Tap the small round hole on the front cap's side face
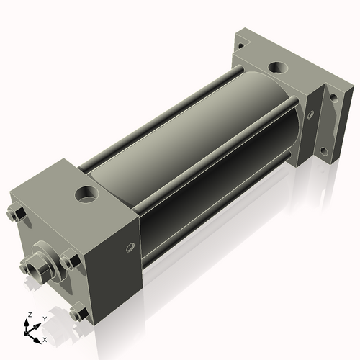pos(130,248)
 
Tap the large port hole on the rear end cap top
pos(277,69)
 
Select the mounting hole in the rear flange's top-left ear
pos(240,45)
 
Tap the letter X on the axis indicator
pos(45,338)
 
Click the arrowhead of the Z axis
pos(28,323)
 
